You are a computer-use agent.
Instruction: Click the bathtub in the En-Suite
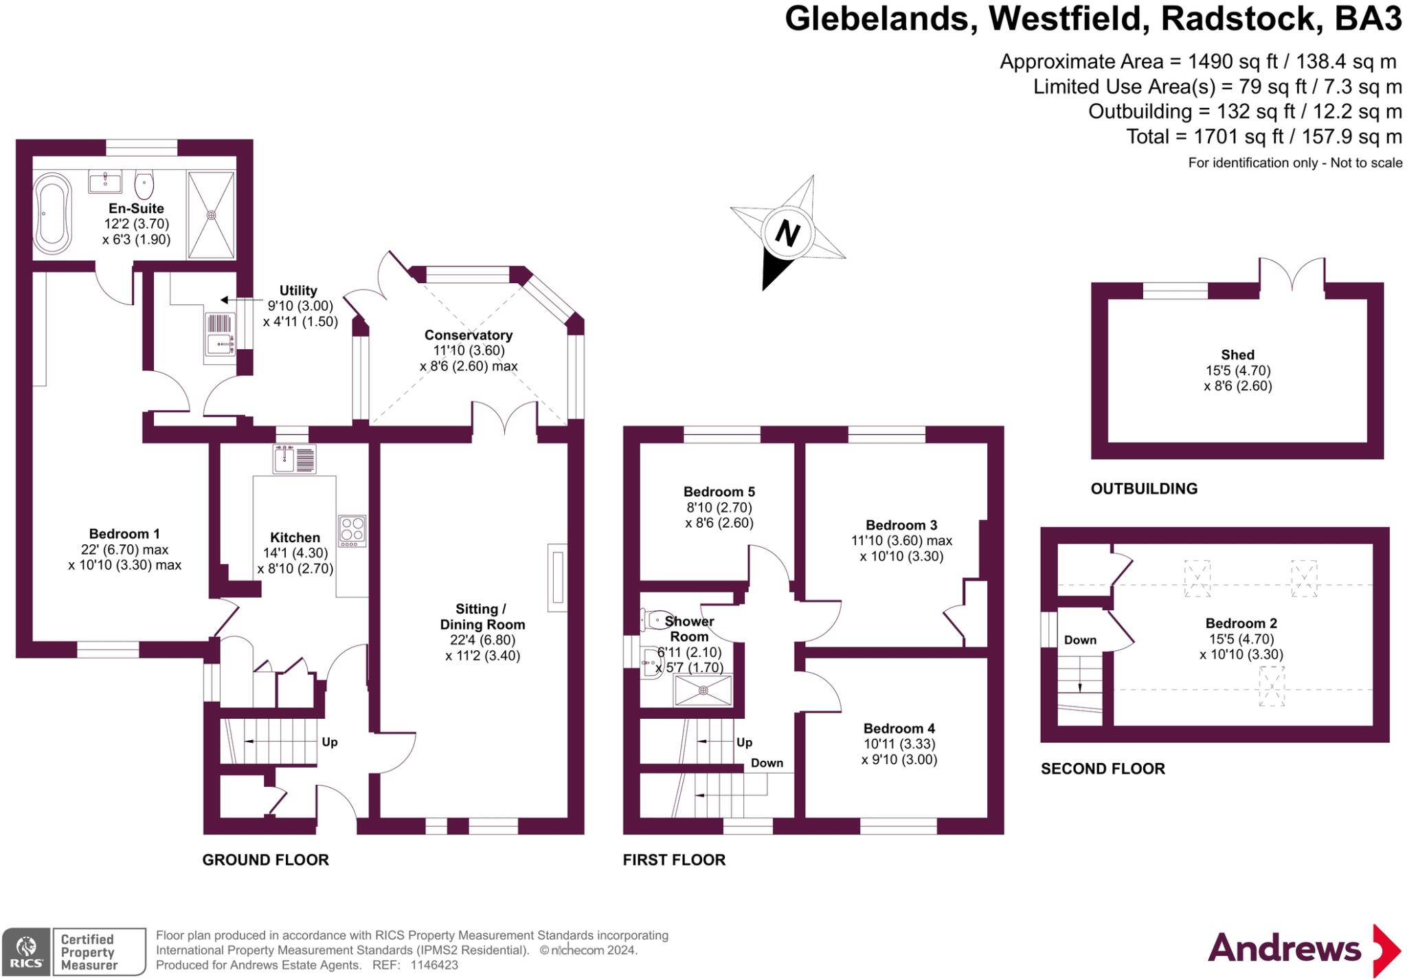[x=53, y=214]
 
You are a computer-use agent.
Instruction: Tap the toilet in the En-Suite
[x=144, y=183]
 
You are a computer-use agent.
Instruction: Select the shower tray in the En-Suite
[x=212, y=215]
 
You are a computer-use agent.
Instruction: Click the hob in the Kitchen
[x=352, y=531]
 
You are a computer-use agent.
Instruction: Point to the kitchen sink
[x=295, y=459]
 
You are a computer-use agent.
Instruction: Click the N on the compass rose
[x=787, y=233]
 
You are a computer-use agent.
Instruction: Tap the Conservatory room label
[x=469, y=335]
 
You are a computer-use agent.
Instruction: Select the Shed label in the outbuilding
[x=1237, y=355]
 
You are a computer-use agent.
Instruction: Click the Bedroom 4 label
[x=899, y=728]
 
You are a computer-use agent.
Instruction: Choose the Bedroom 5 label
[x=719, y=492]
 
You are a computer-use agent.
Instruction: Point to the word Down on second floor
[x=1080, y=640]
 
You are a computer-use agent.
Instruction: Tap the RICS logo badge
[x=26, y=952]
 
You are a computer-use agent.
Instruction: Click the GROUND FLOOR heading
[x=265, y=860]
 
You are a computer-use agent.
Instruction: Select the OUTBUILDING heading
[x=1144, y=489]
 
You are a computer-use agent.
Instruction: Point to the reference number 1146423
[x=434, y=965]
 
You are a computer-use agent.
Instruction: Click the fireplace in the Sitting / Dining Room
[x=558, y=577]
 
